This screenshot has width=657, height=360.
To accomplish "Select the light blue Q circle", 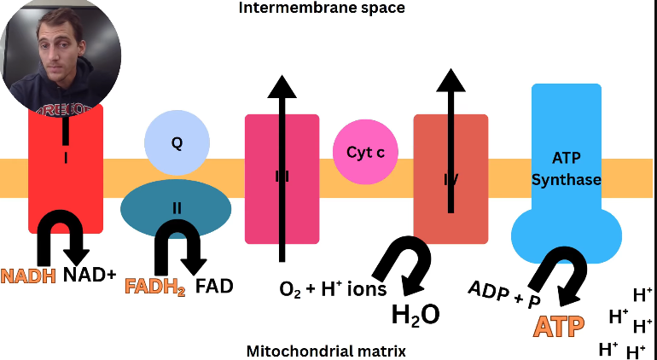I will point(177,143).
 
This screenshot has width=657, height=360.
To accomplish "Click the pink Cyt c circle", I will point(365,153).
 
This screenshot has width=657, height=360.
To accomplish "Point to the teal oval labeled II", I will point(176,207).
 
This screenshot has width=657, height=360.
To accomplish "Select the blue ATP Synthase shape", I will point(566,171).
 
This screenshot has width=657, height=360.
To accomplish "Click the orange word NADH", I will point(29,276).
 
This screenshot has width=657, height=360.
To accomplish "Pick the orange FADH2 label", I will point(155,287).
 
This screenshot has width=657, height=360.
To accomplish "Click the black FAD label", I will point(214,286).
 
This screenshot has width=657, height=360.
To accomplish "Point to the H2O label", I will point(416,315).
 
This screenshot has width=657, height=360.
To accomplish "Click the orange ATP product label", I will point(559,326).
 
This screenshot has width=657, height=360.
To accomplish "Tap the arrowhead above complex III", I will point(281,86).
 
